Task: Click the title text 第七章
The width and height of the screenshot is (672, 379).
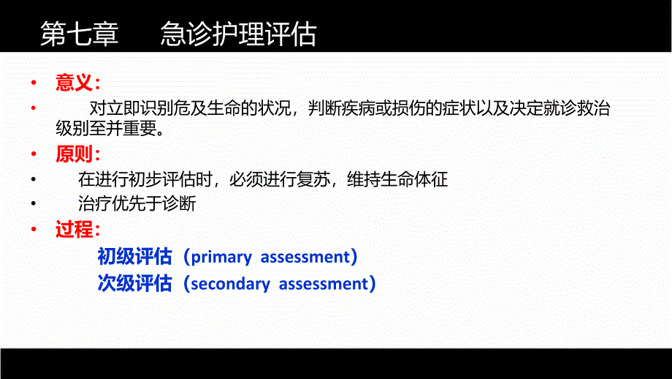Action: tap(79, 34)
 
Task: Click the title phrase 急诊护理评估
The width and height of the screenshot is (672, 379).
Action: tap(239, 34)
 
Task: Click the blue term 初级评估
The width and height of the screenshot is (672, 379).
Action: tap(135, 257)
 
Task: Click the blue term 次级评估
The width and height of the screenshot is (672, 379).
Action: tap(135, 283)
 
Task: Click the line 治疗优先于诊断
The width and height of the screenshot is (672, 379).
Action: tap(137, 204)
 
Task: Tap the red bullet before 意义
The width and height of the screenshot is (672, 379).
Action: tap(32, 83)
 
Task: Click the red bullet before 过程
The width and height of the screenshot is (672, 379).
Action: tap(32, 230)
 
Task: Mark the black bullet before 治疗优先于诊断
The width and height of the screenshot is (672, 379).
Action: tap(33, 204)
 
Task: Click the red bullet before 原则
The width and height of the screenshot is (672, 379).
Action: tap(32, 154)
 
